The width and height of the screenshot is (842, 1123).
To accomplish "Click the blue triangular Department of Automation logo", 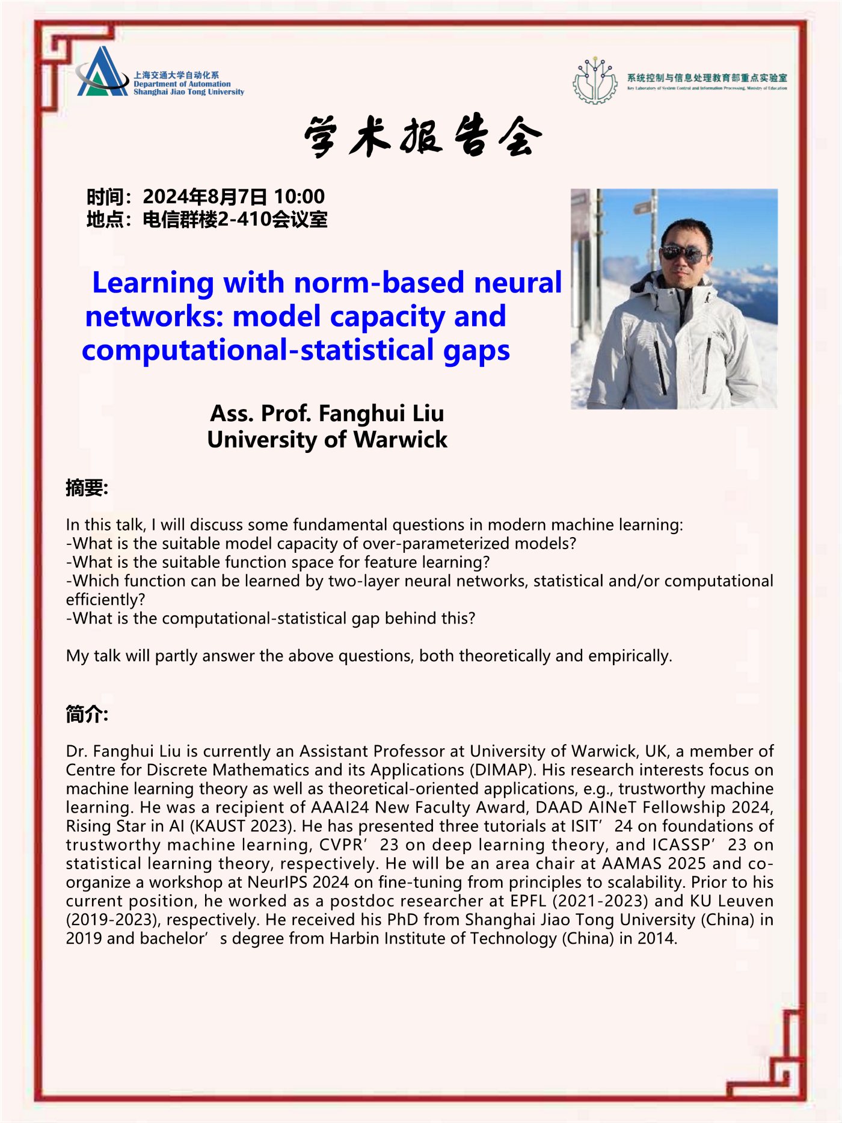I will click(x=102, y=73).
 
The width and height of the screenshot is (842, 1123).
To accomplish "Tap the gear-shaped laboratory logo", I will click(x=595, y=81).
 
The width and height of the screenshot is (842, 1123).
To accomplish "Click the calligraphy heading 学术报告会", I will click(x=423, y=137).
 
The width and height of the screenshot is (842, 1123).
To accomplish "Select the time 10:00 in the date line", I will click(x=299, y=197).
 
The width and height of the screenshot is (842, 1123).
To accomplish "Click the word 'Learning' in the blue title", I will click(x=153, y=283).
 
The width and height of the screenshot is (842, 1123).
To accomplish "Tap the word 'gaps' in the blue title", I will click(x=476, y=351).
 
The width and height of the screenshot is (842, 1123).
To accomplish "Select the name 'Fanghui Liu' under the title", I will click(x=381, y=413).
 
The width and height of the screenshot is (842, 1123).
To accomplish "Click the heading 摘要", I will click(x=87, y=488).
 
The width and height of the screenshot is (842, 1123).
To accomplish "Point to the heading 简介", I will click(x=87, y=715).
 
